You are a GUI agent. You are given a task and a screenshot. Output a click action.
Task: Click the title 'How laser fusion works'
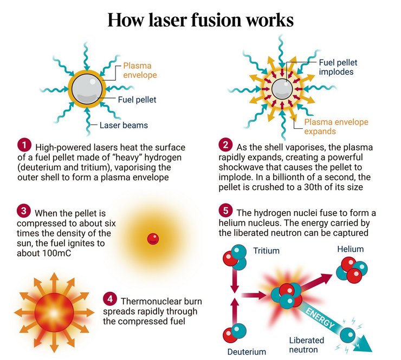[200, 20]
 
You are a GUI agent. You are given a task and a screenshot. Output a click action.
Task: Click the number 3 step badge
[24, 210]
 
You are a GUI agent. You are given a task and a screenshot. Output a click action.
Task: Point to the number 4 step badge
[110, 299]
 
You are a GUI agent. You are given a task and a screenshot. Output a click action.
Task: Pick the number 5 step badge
[225, 210]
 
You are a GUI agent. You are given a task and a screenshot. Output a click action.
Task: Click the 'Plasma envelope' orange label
[140, 70]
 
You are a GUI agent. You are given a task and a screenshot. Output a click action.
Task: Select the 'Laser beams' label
[124, 126]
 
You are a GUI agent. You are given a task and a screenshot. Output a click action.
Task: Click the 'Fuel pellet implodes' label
[338, 67]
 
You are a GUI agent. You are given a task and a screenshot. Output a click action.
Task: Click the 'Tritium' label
[267, 251]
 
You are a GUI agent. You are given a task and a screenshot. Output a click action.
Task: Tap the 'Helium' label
[350, 249]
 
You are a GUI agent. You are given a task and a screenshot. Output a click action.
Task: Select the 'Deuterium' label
[247, 352]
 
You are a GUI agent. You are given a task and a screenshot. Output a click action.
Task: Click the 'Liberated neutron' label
[307, 345]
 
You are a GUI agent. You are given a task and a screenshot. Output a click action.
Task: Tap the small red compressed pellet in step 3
[153, 238]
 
